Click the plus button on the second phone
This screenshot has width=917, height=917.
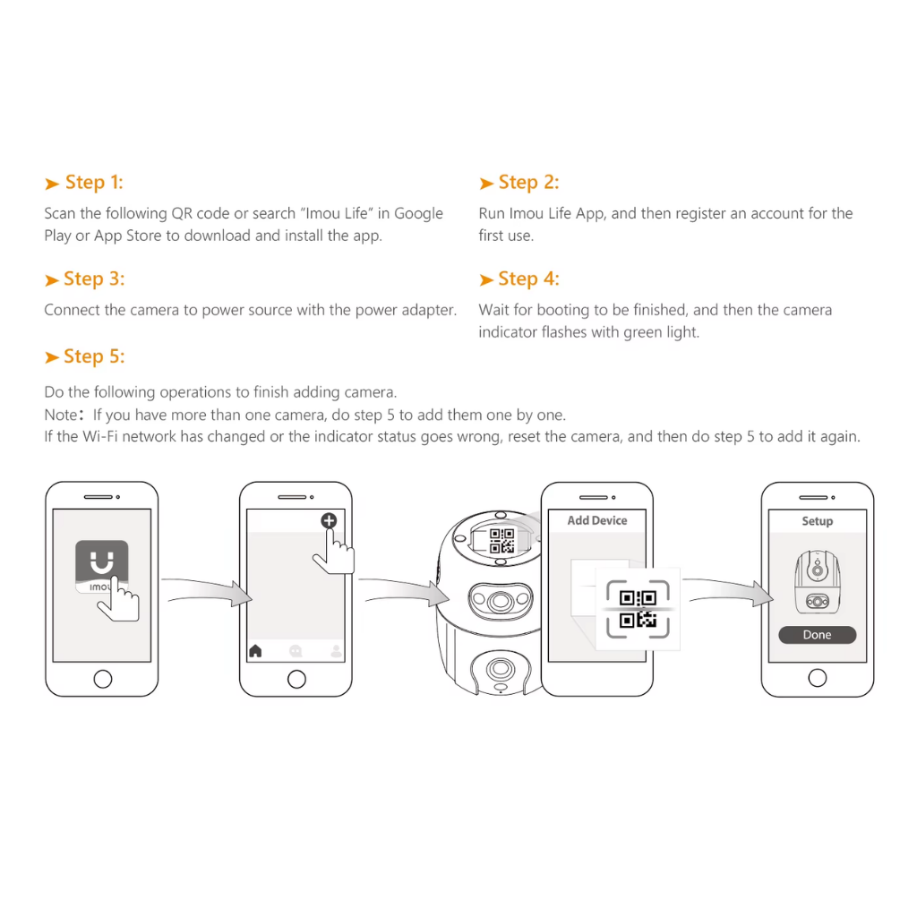click(329, 520)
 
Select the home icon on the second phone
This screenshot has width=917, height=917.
click(255, 651)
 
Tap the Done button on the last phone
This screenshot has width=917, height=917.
click(817, 635)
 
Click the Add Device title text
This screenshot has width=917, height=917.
click(597, 520)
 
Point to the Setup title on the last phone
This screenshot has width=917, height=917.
click(817, 521)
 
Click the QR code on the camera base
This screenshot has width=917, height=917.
click(501, 541)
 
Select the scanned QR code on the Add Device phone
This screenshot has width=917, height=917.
click(638, 609)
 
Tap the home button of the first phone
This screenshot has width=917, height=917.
click(103, 679)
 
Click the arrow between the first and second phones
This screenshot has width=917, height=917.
click(207, 590)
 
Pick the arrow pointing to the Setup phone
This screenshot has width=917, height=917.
click(728, 590)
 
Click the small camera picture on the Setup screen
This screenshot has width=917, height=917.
click(817, 582)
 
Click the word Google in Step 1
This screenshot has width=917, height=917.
click(418, 213)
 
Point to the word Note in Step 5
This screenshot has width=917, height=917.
click(60, 415)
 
